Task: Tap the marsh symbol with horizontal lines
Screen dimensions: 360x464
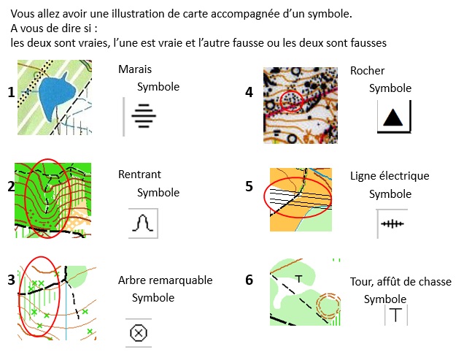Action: click(x=144, y=115)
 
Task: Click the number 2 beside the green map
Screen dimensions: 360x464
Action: click(x=11, y=186)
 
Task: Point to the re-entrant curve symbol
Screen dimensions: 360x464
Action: click(x=144, y=223)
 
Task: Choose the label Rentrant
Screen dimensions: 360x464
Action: click(x=139, y=175)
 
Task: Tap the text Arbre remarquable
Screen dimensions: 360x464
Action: click(x=165, y=280)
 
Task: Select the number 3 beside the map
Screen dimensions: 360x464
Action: click(x=11, y=279)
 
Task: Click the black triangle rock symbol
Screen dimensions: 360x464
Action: click(x=393, y=117)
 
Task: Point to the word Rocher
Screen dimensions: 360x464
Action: click(x=367, y=71)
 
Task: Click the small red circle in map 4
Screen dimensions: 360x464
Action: click(x=291, y=102)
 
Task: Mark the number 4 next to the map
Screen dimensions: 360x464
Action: click(x=250, y=93)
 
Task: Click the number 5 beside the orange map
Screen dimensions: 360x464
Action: click(x=250, y=186)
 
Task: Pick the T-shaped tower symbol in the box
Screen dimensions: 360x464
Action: click(x=395, y=315)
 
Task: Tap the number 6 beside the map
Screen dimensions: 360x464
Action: click(x=250, y=280)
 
